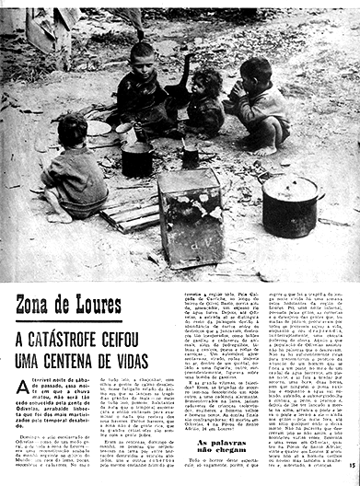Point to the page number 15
(353, 477)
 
